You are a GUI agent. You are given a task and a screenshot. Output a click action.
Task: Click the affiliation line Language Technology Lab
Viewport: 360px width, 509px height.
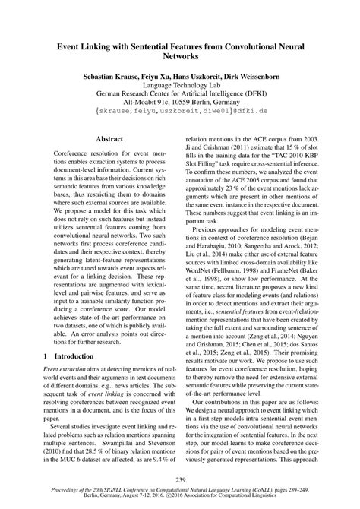click(179, 88)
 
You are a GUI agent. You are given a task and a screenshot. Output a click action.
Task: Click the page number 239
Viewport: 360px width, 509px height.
click(180, 478)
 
